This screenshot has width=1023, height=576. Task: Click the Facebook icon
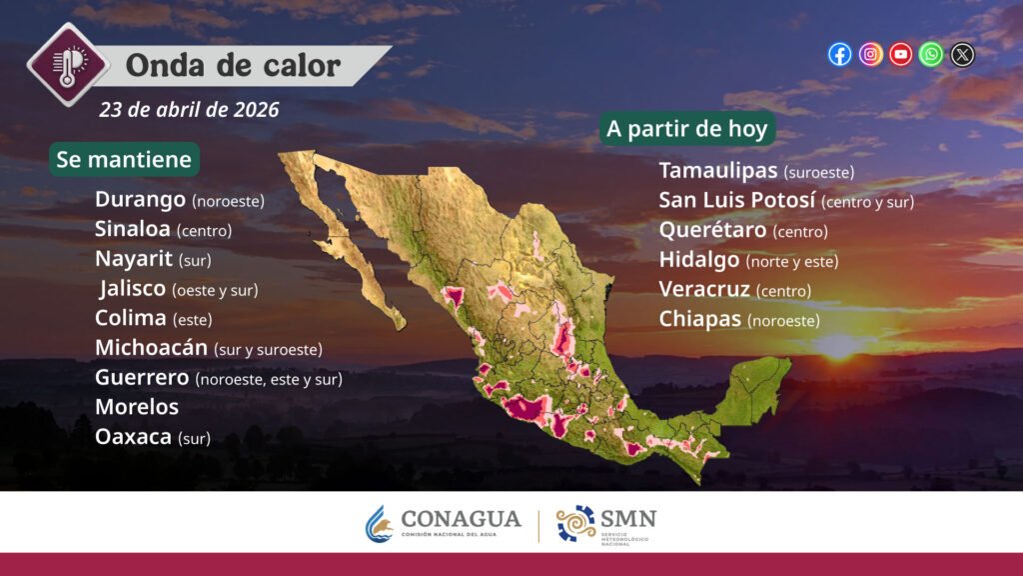pos(839,54)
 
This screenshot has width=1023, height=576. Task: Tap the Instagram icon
pos(870,54)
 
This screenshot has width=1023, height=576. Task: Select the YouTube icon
pos(900,54)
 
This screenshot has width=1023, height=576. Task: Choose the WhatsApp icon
pos(931,54)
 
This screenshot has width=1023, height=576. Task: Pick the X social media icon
pos(962,54)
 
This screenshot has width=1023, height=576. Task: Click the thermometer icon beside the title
pos(68,64)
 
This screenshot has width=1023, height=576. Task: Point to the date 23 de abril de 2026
pos(189,110)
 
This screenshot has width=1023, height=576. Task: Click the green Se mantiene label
pos(124,159)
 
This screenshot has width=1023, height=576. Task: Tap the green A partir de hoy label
pos(687,129)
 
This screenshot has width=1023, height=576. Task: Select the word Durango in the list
pos(140,199)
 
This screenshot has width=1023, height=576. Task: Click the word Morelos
pos(137,407)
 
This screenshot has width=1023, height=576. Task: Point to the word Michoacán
pos(152,347)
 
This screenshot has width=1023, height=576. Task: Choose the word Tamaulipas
pos(718,170)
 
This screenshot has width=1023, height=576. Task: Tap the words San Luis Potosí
pos(737,200)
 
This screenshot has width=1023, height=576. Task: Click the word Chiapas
pos(700,319)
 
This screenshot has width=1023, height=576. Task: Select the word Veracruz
pos(704,289)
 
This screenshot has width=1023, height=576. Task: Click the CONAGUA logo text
pos(462,519)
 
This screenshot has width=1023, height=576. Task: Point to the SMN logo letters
pos(627,519)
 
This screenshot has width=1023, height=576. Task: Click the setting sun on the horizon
pos(839,345)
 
